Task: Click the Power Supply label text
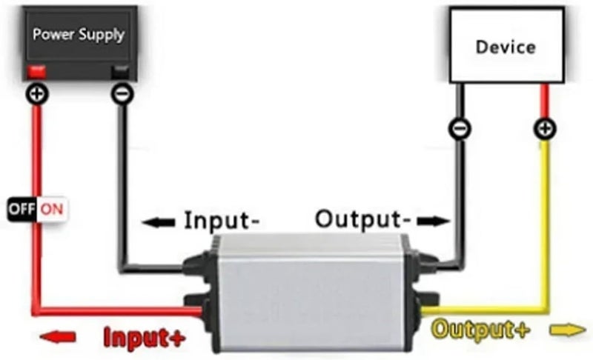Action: (79, 35)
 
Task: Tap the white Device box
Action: (507, 45)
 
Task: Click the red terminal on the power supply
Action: (36, 72)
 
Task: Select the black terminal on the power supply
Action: (120, 72)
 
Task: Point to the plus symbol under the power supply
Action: (37, 93)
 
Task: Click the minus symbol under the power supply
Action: (122, 93)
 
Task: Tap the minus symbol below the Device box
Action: (460, 129)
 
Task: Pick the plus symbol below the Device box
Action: (545, 129)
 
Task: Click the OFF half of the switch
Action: (22, 209)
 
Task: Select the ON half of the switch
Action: (52, 209)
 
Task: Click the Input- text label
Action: (222, 220)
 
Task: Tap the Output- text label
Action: (363, 219)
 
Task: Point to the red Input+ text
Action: (145, 337)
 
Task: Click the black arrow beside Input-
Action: (159, 222)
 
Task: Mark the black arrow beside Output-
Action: (434, 221)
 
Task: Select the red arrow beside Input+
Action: (58, 336)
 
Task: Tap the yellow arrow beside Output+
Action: (568, 330)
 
